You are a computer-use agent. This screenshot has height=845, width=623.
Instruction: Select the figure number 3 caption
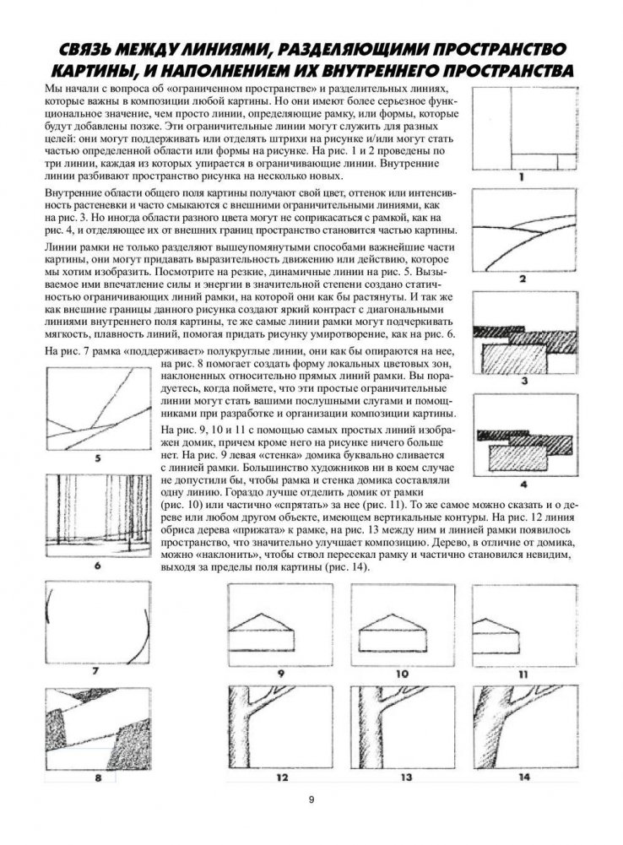tap(523, 382)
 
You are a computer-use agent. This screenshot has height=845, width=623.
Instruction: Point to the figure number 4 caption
tap(523, 485)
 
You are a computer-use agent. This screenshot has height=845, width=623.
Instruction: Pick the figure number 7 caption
tap(96, 673)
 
